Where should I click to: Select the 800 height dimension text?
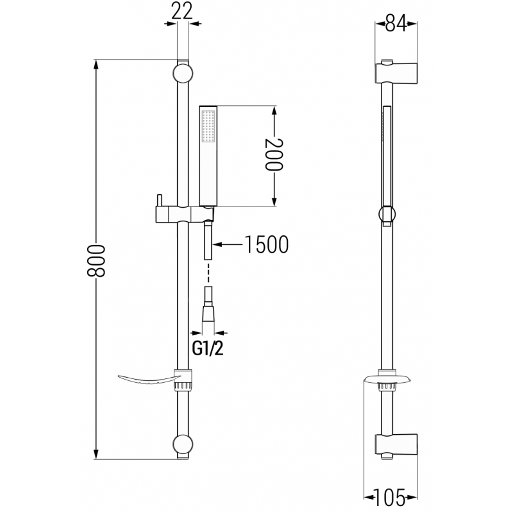click(x=97, y=260)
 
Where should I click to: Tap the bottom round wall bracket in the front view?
click(x=182, y=445)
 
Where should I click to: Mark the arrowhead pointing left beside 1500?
click(x=217, y=244)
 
